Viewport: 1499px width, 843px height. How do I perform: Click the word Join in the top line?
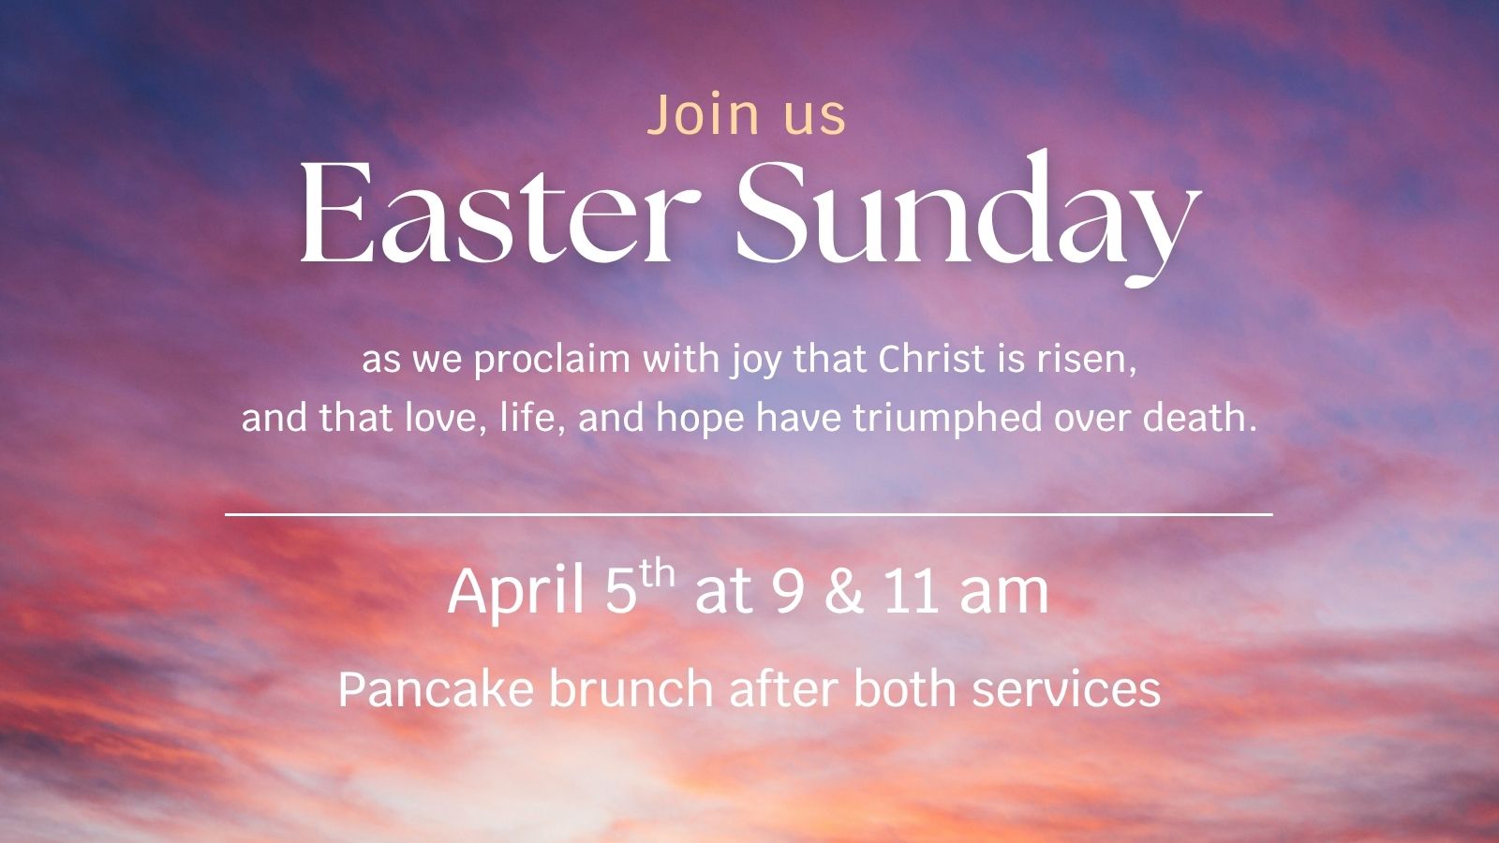[703, 114]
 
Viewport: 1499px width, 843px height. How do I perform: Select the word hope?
[700, 419]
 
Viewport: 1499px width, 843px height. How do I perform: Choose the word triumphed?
[947, 419]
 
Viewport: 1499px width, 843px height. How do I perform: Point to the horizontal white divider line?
[749, 514]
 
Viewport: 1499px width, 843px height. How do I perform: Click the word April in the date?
[515, 591]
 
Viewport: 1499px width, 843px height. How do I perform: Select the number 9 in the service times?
[787, 591]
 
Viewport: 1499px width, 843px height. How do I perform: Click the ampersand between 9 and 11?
[844, 591]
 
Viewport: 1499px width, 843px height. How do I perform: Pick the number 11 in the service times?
[911, 591]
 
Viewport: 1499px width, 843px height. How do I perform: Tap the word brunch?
[631, 688]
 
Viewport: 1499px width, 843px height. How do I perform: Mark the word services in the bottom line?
[1066, 689]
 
